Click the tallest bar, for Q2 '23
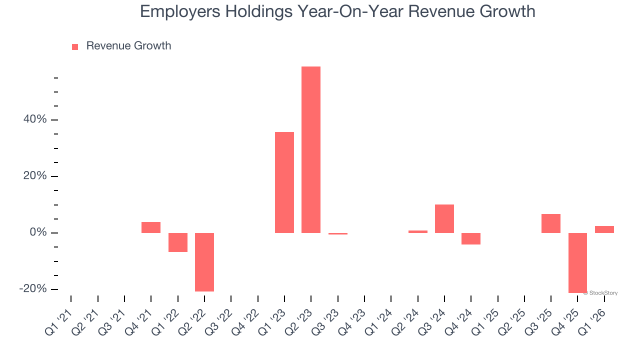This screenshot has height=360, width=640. [311, 149]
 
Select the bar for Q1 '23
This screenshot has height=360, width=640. [284, 182]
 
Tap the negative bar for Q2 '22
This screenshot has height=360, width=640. [204, 262]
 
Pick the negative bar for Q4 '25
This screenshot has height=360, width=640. [577, 263]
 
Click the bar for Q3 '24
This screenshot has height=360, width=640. [444, 218]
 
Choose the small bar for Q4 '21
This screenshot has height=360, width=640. [151, 227]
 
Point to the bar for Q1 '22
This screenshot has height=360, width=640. [178, 242]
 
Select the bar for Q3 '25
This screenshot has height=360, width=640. [551, 223]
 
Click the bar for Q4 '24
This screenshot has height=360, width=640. [471, 238]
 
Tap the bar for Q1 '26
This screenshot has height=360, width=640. [604, 229]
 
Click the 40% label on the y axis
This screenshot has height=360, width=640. [35, 119]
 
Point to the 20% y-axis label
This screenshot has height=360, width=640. [35, 176]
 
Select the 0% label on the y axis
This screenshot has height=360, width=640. [38, 232]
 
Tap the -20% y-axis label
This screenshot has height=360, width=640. [33, 289]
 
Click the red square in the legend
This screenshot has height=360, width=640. [75, 46]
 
